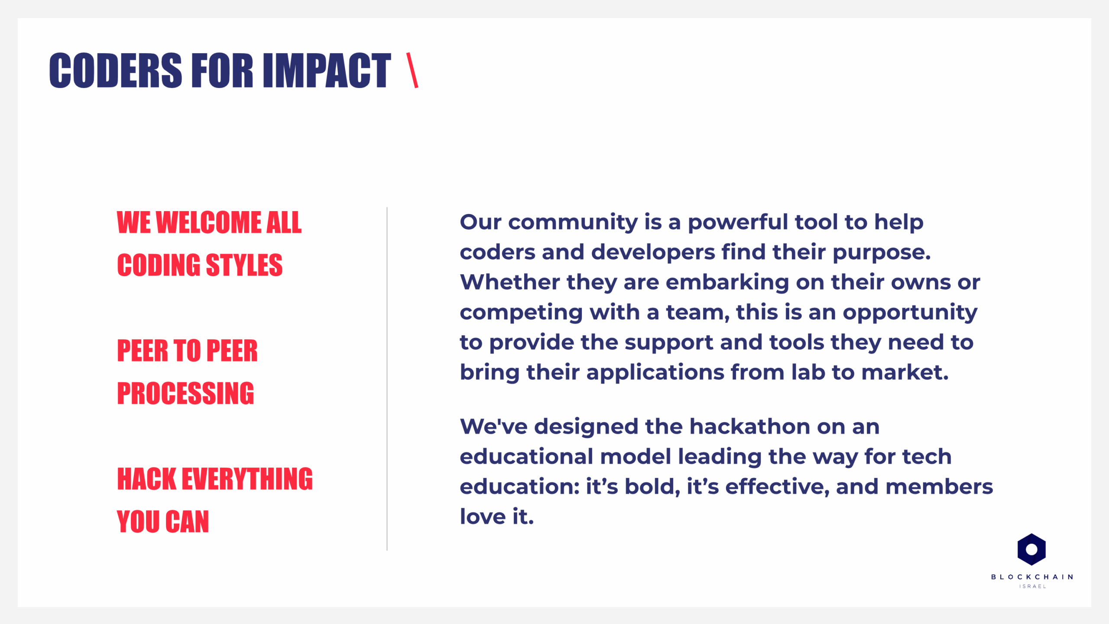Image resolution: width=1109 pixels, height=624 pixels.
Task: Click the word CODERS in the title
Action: pos(116,70)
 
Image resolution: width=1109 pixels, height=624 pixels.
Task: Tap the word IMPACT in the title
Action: pos(327,70)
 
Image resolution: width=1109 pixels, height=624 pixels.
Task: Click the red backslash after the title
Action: pos(412,70)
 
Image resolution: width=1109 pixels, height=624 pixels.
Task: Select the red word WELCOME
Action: pos(208,222)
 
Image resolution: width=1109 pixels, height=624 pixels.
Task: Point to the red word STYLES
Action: pos(244,265)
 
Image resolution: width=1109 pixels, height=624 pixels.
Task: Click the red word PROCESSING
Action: pos(185,393)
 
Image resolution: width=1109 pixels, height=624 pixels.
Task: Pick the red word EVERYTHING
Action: pos(247,479)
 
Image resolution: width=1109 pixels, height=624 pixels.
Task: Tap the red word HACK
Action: pos(147,479)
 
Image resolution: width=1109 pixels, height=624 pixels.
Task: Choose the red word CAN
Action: pos(187,521)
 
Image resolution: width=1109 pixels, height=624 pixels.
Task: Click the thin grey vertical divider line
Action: pos(387,379)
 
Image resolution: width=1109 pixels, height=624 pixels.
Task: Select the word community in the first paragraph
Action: pos(573,223)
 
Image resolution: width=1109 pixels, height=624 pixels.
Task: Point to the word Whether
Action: pos(510,282)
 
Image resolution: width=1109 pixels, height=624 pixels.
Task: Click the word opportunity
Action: pos(910,313)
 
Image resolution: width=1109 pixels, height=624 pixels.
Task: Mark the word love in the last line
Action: pos(483,517)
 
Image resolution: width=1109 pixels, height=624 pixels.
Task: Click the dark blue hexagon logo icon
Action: pos(1031,549)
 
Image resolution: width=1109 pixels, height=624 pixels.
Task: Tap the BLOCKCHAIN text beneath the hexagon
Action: pos(1032,577)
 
